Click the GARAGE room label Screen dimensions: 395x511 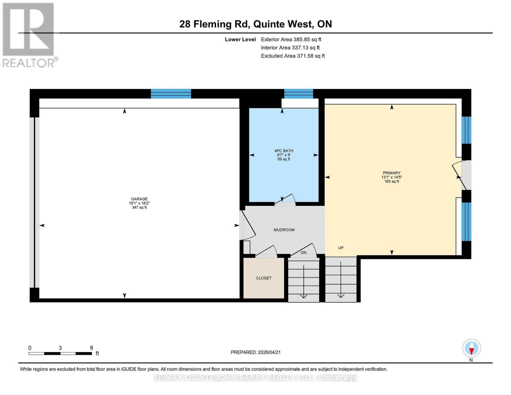(139, 199)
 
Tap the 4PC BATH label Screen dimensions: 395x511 (284, 151)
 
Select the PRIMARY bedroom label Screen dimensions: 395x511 (392, 173)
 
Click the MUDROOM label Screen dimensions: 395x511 (284, 230)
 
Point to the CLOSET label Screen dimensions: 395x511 (264, 278)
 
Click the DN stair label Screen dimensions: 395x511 (303, 252)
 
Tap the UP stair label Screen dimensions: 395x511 (341, 248)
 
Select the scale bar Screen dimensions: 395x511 (60, 353)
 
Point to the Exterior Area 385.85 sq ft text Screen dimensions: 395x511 (291, 39)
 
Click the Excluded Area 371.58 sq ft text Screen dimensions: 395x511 (293, 56)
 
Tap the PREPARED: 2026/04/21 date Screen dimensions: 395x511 (255, 352)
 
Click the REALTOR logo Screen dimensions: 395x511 (29, 35)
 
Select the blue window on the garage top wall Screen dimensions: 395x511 (171, 93)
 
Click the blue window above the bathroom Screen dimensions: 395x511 (298, 93)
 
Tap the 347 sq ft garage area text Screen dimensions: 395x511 (139, 207)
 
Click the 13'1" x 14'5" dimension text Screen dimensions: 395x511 (392, 177)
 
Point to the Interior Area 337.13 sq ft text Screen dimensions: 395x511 (290, 48)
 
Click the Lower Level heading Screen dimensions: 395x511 (240, 39)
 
